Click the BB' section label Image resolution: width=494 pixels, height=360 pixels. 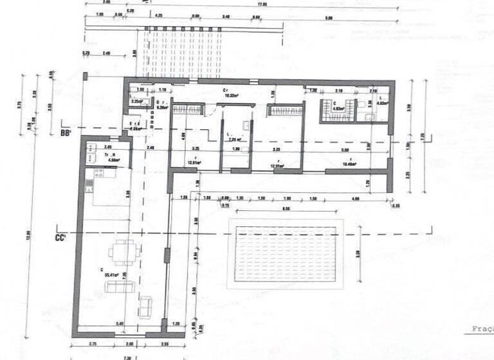tap(64, 133)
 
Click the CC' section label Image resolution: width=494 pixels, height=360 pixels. tap(62, 235)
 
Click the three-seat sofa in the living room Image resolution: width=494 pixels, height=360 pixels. tap(120, 287)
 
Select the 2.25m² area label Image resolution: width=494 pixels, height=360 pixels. tap(136, 101)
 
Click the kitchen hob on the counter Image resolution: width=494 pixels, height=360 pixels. tap(99, 173)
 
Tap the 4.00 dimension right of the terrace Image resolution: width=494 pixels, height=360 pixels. tap(356, 198)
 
